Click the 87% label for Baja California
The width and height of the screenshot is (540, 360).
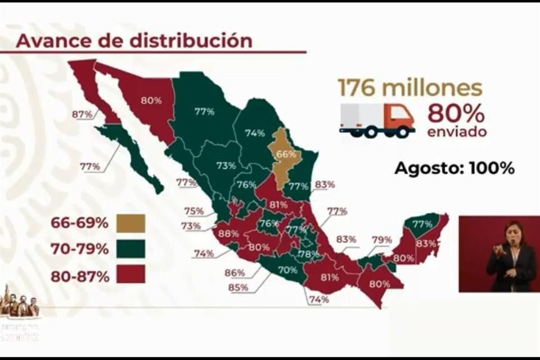[x=82, y=114]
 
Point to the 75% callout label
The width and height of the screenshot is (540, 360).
[x=193, y=211]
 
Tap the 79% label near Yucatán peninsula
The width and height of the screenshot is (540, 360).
[x=381, y=240]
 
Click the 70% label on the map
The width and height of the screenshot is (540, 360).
[x=287, y=269]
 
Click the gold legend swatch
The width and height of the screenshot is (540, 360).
[x=131, y=223]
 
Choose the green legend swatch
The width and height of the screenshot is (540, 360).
[x=131, y=249]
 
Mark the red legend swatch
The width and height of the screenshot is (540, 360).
[x=131, y=274]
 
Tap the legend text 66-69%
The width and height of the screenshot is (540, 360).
[x=79, y=223]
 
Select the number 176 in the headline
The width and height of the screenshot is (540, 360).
[x=357, y=88]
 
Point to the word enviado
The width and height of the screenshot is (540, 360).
[x=456, y=132]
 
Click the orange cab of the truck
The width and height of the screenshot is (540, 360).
[x=400, y=118]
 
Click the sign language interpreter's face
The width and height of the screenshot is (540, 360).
[x=514, y=233]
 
